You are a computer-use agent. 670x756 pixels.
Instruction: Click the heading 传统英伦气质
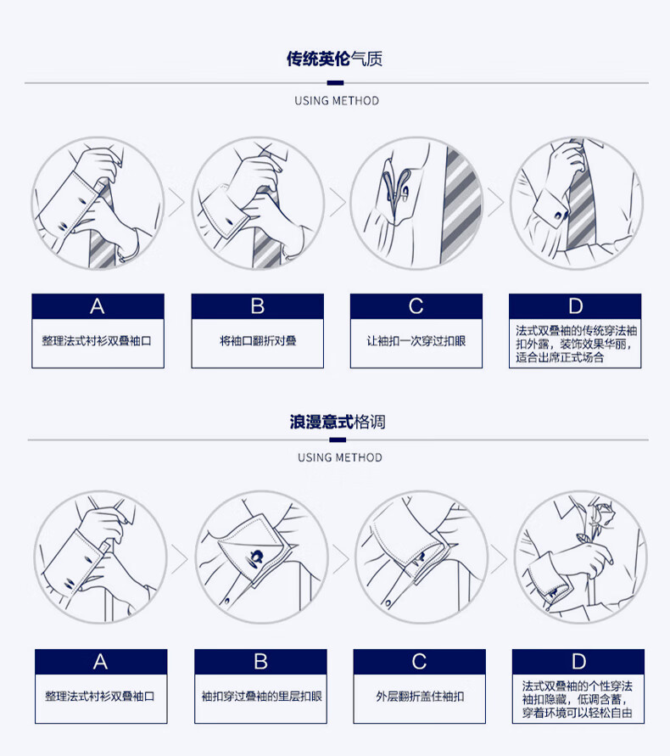334,59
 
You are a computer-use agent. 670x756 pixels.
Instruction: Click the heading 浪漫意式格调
338,422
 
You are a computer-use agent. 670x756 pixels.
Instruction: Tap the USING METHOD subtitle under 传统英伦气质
337,101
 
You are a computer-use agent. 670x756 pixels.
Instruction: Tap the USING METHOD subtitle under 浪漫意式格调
340,457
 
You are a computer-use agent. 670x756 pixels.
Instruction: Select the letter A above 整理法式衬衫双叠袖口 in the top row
98,306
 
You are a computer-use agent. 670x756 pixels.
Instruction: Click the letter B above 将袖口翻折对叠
257,306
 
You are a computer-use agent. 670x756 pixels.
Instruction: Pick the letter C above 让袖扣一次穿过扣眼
416,306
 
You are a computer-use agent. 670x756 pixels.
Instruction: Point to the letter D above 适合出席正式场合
576,306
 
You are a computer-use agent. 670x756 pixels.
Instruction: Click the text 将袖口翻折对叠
258,341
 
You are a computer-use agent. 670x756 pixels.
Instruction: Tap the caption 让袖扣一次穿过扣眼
416,341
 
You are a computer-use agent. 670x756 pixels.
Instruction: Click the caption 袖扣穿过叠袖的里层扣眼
261,697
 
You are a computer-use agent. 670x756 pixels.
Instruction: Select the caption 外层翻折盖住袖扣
420,697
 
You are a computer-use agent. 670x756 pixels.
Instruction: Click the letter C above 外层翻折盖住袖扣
419,662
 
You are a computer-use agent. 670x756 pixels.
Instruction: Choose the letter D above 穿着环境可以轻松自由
578,662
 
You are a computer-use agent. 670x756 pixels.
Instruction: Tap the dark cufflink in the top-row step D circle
559,215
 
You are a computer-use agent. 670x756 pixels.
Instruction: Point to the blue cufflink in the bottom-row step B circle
255,557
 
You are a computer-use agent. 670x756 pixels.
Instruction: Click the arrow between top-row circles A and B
176,203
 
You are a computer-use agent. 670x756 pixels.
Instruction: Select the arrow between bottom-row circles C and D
499,559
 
